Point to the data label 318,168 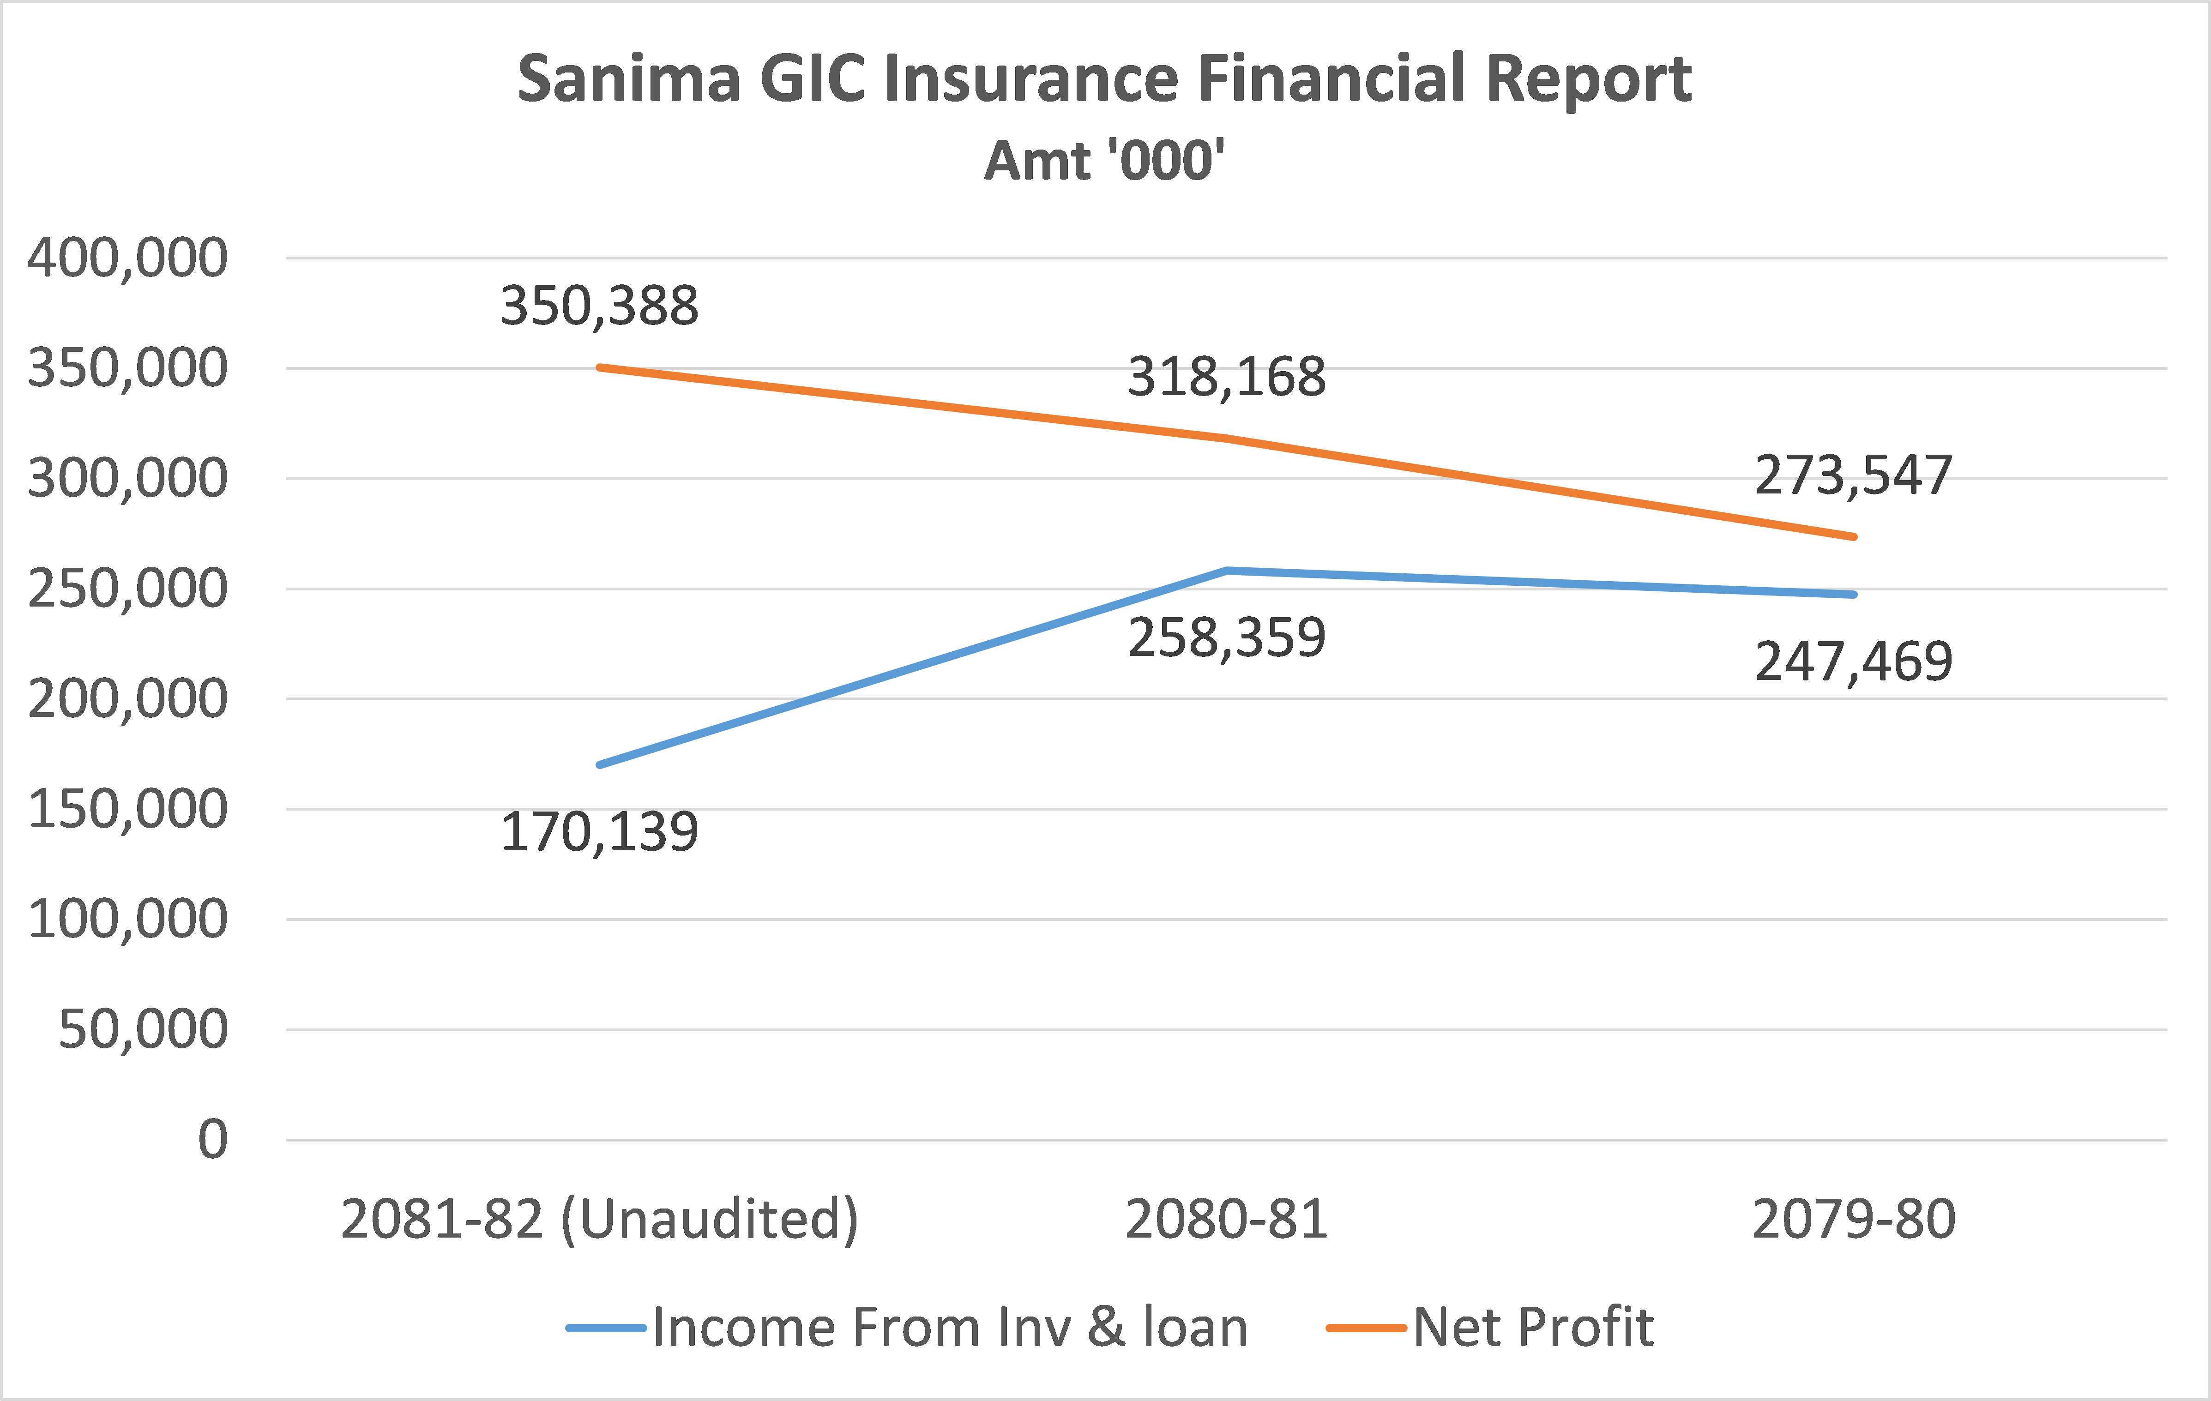point(1227,377)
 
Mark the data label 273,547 point(1854,475)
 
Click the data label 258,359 point(1227,638)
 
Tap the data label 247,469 point(1854,662)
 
